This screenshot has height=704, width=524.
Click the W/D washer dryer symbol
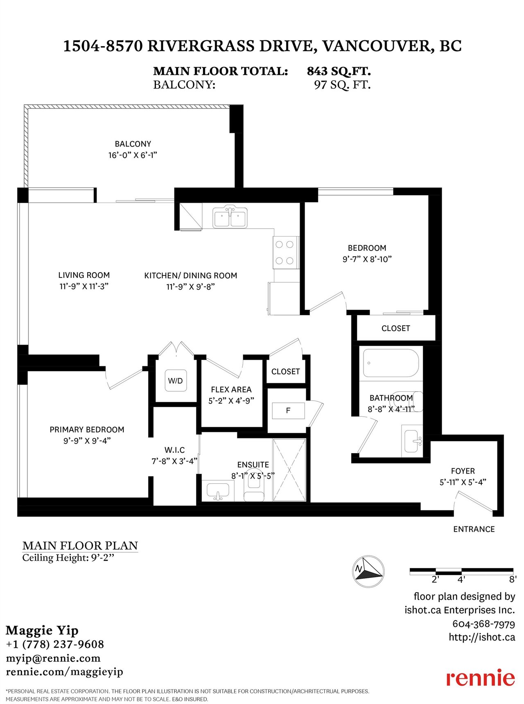(176, 381)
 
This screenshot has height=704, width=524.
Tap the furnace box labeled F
(288, 411)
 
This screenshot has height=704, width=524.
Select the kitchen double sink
(230, 217)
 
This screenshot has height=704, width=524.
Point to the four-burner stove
(285, 253)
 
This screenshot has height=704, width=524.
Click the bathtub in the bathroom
(391, 363)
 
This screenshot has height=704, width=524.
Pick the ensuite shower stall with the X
(289, 470)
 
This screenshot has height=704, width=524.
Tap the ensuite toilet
(254, 487)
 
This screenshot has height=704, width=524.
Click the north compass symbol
(368, 572)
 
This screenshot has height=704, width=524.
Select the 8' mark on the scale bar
(513, 580)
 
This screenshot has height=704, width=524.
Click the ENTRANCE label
(474, 529)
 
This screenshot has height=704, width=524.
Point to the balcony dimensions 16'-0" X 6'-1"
(133, 155)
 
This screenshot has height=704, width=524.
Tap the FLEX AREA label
(231, 390)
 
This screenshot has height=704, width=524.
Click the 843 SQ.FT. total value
(339, 71)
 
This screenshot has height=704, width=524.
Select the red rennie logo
(481, 677)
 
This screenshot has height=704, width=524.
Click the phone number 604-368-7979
(483, 624)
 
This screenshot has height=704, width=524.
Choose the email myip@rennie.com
(53, 658)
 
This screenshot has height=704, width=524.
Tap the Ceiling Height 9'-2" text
(68, 558)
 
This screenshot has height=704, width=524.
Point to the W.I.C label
(175, 450)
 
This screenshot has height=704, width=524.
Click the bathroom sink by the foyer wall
(412, 441)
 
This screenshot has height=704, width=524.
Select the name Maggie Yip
(42, 631)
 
